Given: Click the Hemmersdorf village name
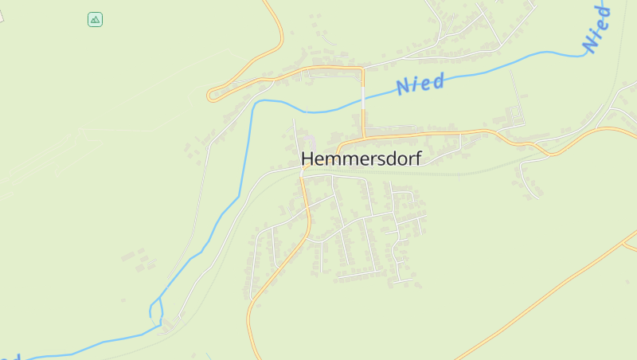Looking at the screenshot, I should (x=361, y=158).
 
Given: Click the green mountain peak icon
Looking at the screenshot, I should (x=95, y=19).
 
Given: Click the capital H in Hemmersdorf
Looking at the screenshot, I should (x=307, y=158).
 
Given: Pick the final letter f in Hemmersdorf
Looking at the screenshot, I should (x=417, y=158).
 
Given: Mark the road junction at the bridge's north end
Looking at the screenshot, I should (x=363, y=69).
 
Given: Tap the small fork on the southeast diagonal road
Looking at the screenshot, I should (x=623, y=242).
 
